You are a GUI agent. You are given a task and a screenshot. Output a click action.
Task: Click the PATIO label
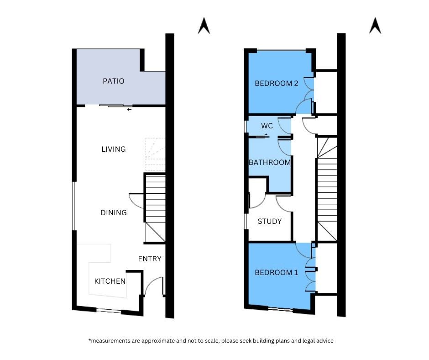point(114,81)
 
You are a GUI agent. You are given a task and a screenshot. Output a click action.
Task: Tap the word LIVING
point(114,149)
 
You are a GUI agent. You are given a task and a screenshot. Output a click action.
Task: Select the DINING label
point(114,212)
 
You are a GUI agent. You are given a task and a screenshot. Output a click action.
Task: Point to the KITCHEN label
point(110,281)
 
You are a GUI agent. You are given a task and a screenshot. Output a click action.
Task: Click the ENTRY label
point(150,259)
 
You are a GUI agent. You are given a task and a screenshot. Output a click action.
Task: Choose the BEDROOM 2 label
point(276,83)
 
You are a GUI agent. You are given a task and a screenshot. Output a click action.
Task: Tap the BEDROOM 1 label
point(276,272)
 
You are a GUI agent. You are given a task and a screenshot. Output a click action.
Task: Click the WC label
point(267,126)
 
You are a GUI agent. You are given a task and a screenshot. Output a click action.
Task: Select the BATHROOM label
point(269,162)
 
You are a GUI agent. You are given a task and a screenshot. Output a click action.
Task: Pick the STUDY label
point(269,221)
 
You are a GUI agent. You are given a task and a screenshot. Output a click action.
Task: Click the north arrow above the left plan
point(204,26)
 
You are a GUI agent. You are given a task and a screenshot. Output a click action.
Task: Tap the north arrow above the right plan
point(375,26)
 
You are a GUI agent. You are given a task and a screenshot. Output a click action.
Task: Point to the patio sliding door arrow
point(130,110)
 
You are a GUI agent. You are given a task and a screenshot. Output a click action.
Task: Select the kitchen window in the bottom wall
point(109,310)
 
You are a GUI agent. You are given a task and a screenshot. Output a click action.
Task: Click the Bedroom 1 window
point(280,309)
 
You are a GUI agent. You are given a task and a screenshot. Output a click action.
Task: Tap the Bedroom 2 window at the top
point(281,50)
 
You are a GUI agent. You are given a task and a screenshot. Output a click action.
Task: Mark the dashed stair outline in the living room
point(156,155)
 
